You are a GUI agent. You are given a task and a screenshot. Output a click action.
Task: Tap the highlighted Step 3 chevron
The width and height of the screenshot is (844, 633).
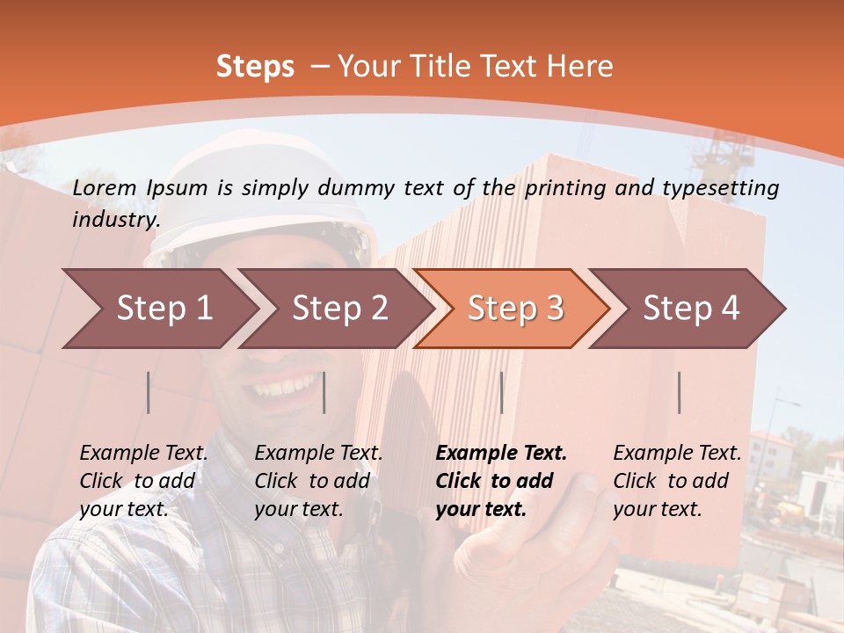click(513, 309)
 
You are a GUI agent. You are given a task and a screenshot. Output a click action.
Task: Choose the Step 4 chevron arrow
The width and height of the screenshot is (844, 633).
click(688, 309)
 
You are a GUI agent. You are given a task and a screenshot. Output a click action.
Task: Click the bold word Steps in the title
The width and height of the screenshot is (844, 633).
click(255, 67)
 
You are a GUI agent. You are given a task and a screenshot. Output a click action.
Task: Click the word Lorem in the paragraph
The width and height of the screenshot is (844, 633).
click(105, 187)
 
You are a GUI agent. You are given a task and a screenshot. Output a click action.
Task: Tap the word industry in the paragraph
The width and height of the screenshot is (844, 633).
click(115, 220)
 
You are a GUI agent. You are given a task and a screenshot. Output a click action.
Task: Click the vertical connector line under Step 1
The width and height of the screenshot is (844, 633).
click(149, 392)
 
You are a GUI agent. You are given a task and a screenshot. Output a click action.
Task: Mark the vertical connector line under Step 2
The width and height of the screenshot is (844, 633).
click(324, 392)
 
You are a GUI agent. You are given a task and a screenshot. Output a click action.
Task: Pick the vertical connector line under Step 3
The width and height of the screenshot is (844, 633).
click(501, 392)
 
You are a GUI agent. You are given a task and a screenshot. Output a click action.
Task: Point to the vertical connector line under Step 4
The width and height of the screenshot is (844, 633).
click(679, 392)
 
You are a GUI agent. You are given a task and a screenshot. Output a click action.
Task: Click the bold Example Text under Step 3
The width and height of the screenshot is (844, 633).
click(501, 454)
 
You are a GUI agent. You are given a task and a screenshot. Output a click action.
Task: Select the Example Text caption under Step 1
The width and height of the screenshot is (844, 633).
click(144, 454)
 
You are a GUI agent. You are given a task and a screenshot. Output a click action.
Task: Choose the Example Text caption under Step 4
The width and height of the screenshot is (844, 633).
click(677, 454)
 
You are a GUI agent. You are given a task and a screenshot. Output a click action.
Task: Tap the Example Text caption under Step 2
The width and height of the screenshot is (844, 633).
click(318, 454)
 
